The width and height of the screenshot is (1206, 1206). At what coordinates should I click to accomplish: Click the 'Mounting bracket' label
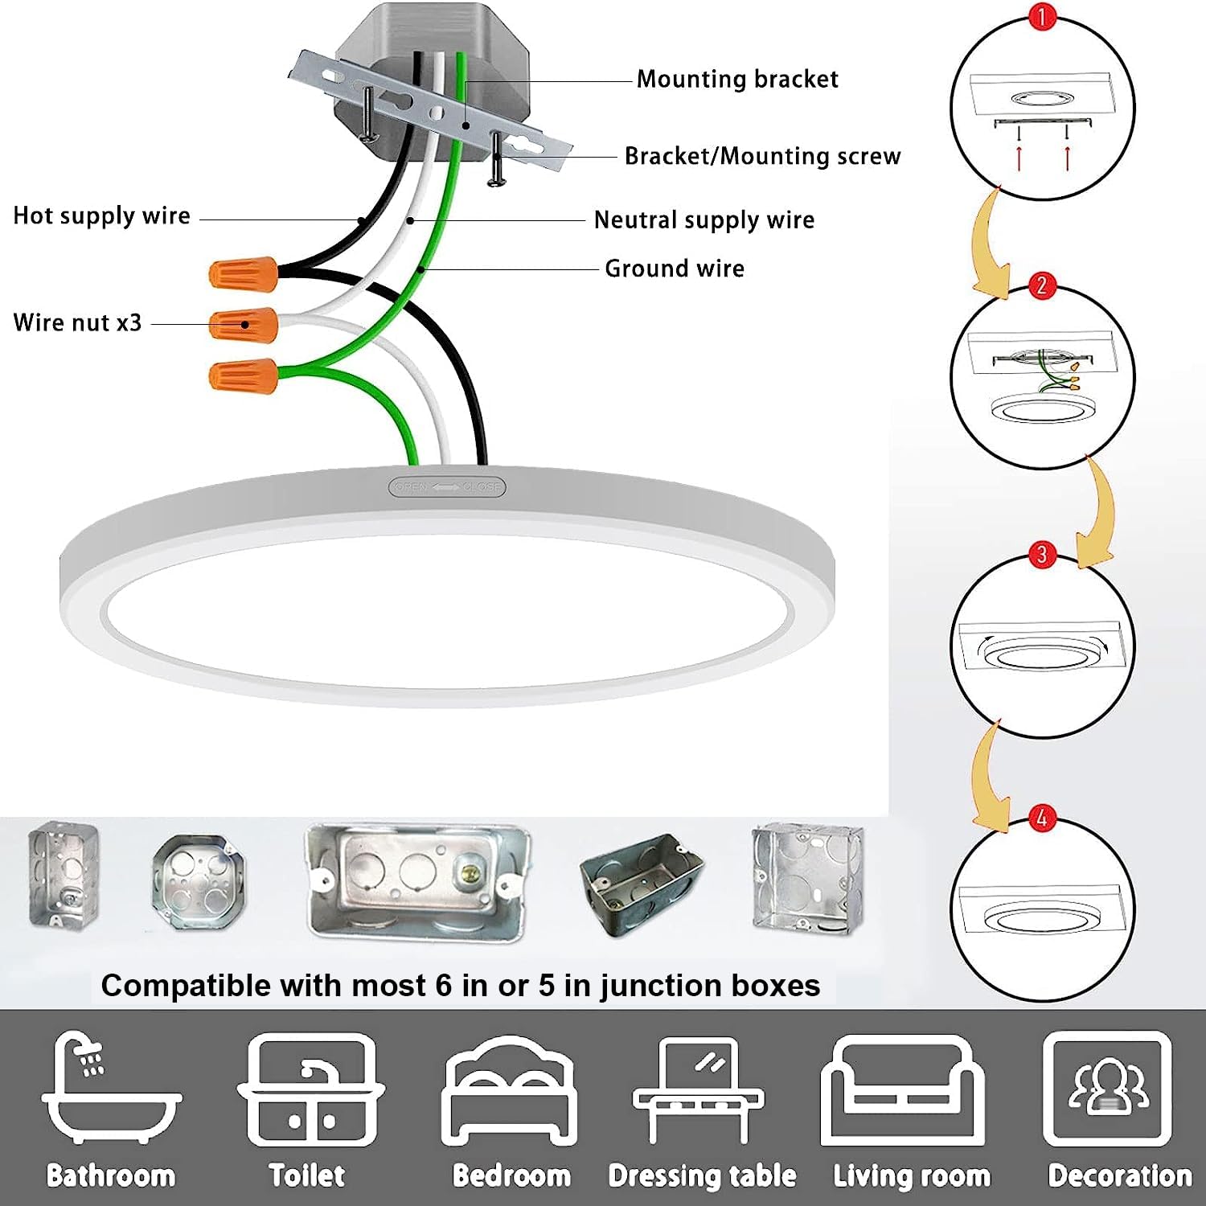tap(737, 79)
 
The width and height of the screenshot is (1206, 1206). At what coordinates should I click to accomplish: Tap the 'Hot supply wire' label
tap(101, 215)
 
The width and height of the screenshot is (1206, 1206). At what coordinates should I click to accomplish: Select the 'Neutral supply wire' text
tap(703, 219)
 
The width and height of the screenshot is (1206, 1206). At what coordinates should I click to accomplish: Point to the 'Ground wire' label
tap(675, 268)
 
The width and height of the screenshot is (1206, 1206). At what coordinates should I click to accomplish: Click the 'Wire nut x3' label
tap(77, 322)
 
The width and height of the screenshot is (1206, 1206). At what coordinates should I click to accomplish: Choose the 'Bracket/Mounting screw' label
tap(762, 156)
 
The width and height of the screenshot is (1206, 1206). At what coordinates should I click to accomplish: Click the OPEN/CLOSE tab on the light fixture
tap(447, 486)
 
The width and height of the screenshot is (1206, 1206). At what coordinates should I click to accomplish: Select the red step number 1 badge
tap(1042, 17)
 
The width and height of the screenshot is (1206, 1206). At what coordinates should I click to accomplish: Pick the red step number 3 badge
tap(1042, 554)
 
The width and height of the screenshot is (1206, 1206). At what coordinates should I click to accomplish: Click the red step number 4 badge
tap(1042, 818)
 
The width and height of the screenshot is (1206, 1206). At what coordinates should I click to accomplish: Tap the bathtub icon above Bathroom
tap(111, 1089)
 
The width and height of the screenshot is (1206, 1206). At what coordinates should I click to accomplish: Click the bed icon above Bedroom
tap(511, 1092)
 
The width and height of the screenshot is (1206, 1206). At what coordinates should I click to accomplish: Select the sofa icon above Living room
tap(903, 1092)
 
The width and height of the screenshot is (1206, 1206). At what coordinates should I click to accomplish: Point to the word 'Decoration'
tap(1119, 1175)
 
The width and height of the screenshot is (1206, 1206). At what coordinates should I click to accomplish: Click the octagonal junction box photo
tap(198, 881)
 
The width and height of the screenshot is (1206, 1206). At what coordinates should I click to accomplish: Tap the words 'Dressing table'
tap(702, 1175)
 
